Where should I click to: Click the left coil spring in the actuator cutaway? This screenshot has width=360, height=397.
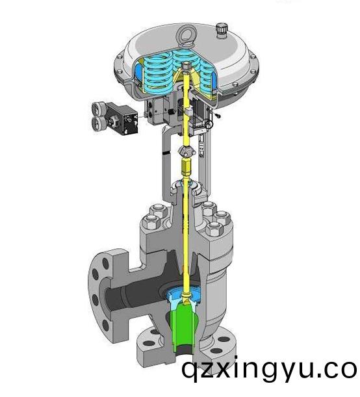pyautogui.click(x=155, y=72)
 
